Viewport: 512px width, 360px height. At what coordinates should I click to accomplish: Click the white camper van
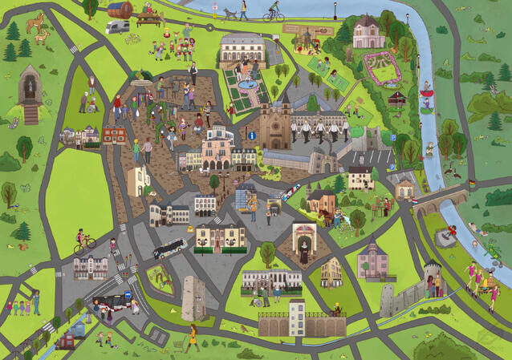117,27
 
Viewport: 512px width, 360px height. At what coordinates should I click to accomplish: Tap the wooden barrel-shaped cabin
120,10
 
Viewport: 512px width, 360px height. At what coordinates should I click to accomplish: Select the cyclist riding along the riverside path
274,11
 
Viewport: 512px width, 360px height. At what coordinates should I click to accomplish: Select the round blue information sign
251,136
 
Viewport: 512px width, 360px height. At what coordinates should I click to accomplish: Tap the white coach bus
169,249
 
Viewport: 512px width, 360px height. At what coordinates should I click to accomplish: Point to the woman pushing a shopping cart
193,338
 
